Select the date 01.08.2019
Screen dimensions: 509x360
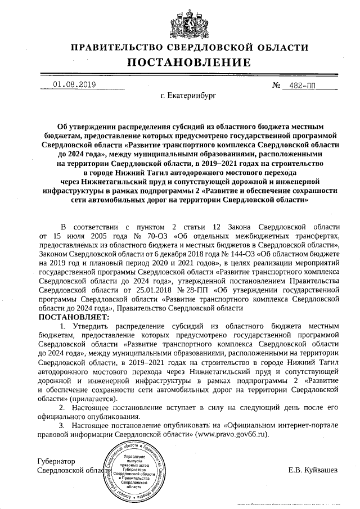pos(74,85)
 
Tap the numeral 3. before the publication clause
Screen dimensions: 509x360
pos(63,426)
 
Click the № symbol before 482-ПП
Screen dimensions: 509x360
pos(276,85)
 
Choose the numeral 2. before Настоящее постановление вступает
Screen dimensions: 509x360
pos(63,408)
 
